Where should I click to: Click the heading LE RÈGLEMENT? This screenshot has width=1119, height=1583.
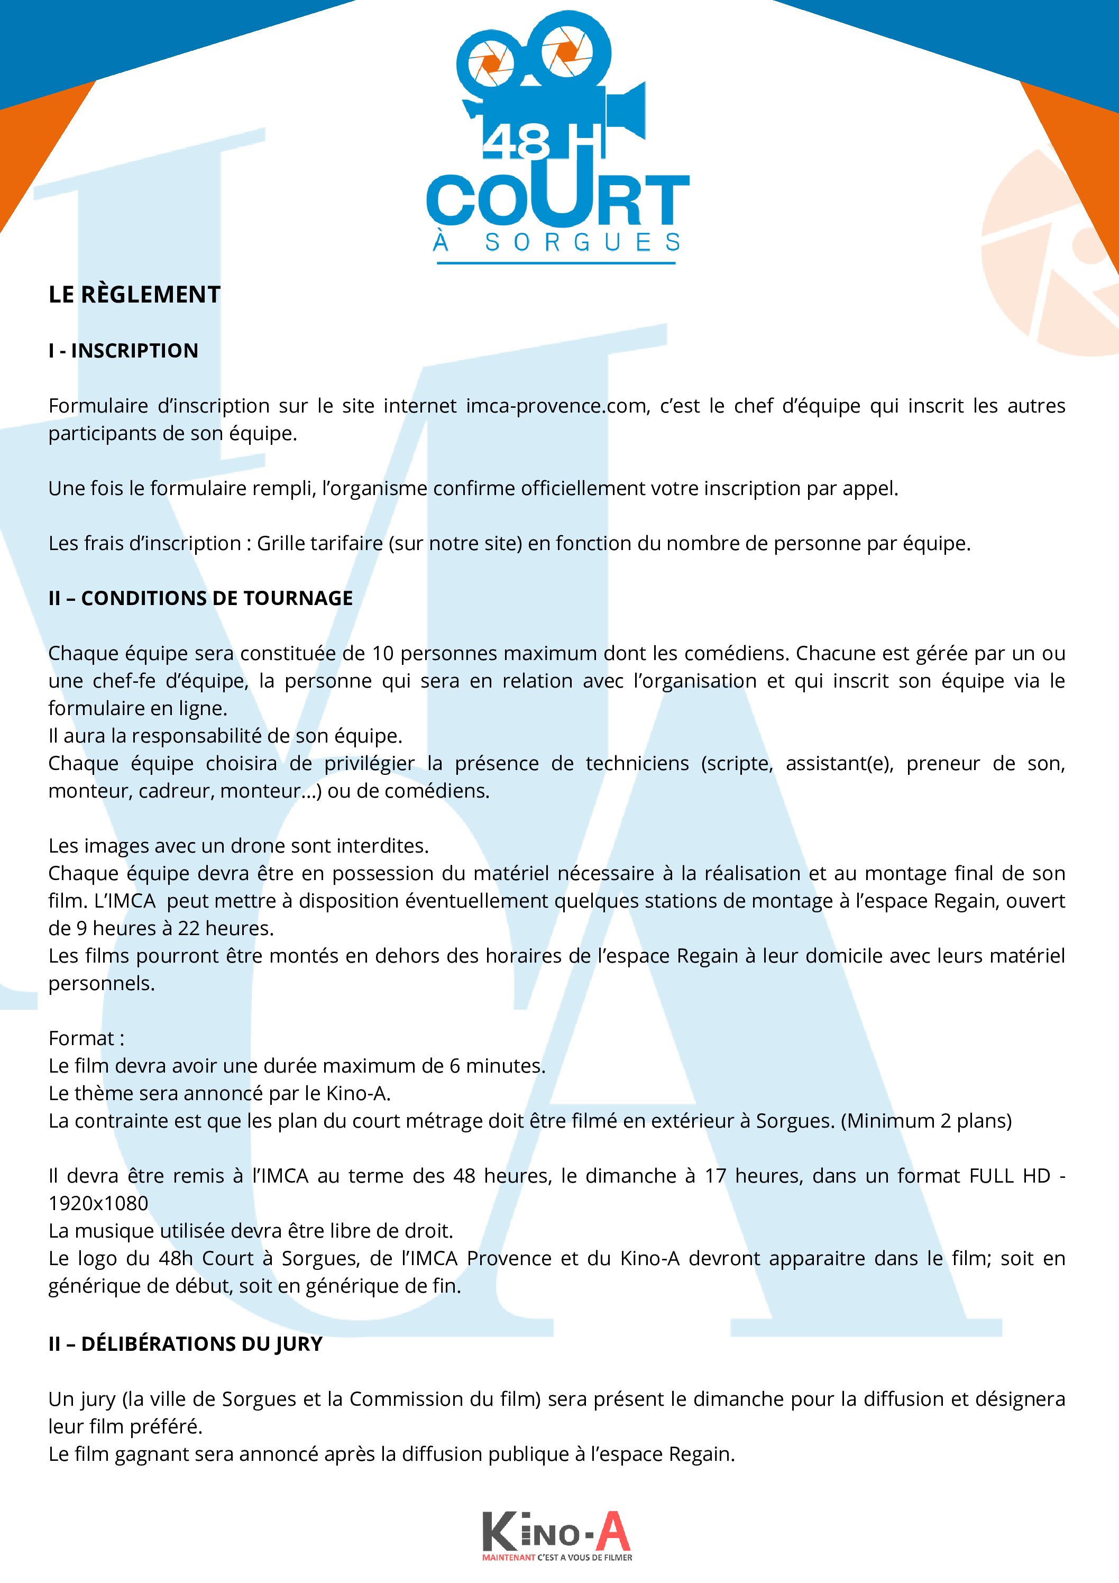tap(134, 295)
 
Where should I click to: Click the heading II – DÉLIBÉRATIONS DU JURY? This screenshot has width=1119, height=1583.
tap(186, 1344)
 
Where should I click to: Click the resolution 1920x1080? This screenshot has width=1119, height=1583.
tap(98, 1203)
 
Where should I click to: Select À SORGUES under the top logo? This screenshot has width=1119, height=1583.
tap(557, 243)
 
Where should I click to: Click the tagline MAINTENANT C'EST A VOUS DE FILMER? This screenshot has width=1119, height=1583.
tap(557, 1558)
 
